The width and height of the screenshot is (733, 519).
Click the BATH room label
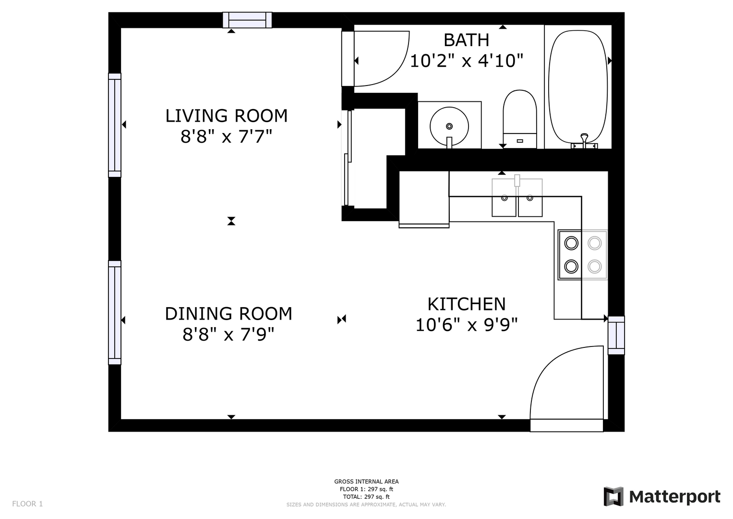tap(466, 40)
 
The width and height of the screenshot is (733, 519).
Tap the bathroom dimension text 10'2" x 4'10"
tap(466, 61)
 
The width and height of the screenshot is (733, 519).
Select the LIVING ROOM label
tap(227, 116)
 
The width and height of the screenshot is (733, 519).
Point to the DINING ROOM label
tap(228, 313)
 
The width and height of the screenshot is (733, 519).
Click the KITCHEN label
tap(466, 304)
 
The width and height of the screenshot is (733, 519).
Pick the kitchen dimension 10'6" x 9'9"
tap(466, 325)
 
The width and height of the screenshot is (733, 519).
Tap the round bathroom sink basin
tap(449, 126)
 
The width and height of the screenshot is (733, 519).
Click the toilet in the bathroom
tap(520, 119)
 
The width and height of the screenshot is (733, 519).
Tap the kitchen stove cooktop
tap(582, 255)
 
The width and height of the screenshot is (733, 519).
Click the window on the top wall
tap(247, 20)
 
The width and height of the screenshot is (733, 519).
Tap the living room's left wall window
tap(115, 125)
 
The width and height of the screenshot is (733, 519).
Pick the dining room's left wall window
tap(115, 312)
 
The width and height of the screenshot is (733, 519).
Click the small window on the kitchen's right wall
tap(616, 335)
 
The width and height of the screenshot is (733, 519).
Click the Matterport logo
tap(662, 496)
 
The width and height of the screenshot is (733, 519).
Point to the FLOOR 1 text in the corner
tap(27, 504)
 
